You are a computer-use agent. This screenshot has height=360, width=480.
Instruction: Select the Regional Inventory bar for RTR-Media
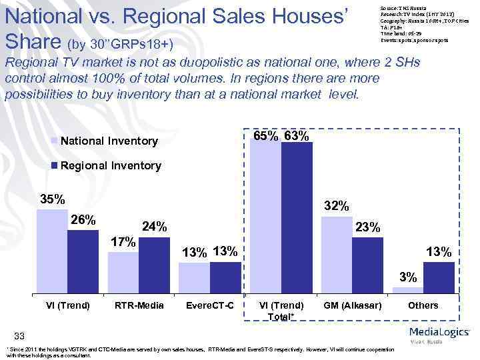(x=154, y=265)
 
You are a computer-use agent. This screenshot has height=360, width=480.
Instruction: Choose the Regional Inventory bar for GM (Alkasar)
(x=367, y=265)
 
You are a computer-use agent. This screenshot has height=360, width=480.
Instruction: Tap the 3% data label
(x=408, y=277)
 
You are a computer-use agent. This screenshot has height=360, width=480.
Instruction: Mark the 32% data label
(x=337, y=207)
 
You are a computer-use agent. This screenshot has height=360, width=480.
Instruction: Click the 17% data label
(x=123, y=241)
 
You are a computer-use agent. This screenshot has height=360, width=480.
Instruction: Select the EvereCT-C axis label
(x=211, y=305)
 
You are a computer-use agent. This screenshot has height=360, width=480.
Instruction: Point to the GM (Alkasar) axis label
(x=352, y=305)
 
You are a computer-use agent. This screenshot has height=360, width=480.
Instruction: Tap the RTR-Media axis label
(x=139, y=305)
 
